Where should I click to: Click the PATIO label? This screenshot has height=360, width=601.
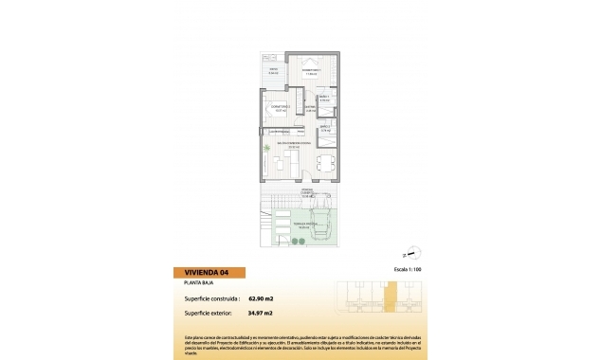[x=273, y=70]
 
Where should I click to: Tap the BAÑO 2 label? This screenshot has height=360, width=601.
[x=324, y=130]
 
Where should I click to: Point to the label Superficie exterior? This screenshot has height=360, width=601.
[x=209, y=313]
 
